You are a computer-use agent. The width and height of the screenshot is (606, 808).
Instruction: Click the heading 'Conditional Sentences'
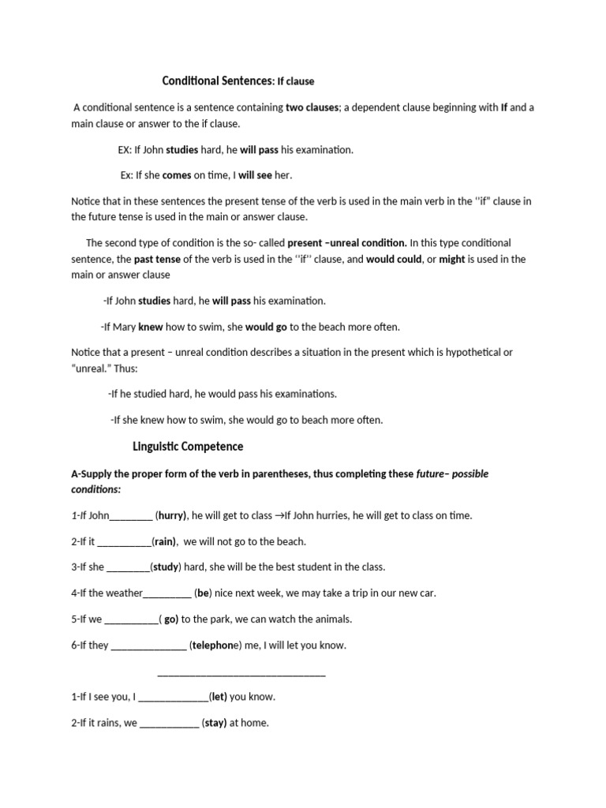tap(217, 81)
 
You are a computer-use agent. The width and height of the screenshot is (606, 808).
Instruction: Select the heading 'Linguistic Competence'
tap(188, 447)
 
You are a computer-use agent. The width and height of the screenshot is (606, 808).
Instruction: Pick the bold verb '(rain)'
tap(164, 541)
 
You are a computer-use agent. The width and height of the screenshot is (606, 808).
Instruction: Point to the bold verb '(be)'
tap(202, 593)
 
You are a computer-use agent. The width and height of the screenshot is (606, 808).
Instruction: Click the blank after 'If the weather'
tap(167, 593)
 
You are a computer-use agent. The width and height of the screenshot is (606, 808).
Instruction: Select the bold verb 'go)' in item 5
tap(171, 619)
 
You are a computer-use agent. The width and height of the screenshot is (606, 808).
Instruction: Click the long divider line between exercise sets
tap(241, 672)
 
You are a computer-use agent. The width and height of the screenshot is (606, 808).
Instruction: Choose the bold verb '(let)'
tap(219, 697)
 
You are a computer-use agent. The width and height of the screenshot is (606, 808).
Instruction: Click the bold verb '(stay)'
tap(214, 722)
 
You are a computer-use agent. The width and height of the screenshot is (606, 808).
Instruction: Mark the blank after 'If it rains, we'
tap(169, 722)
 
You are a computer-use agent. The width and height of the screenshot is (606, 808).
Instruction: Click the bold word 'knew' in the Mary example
tap(151, 327)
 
